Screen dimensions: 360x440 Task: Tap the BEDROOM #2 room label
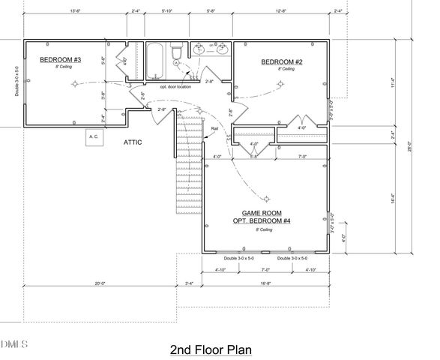click(x=281, y=62)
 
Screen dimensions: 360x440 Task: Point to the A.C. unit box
click(x=94, y=137)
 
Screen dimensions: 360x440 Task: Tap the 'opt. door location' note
click(x=175, y=86)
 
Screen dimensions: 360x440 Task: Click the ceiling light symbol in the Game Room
click(x=265, y=199)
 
